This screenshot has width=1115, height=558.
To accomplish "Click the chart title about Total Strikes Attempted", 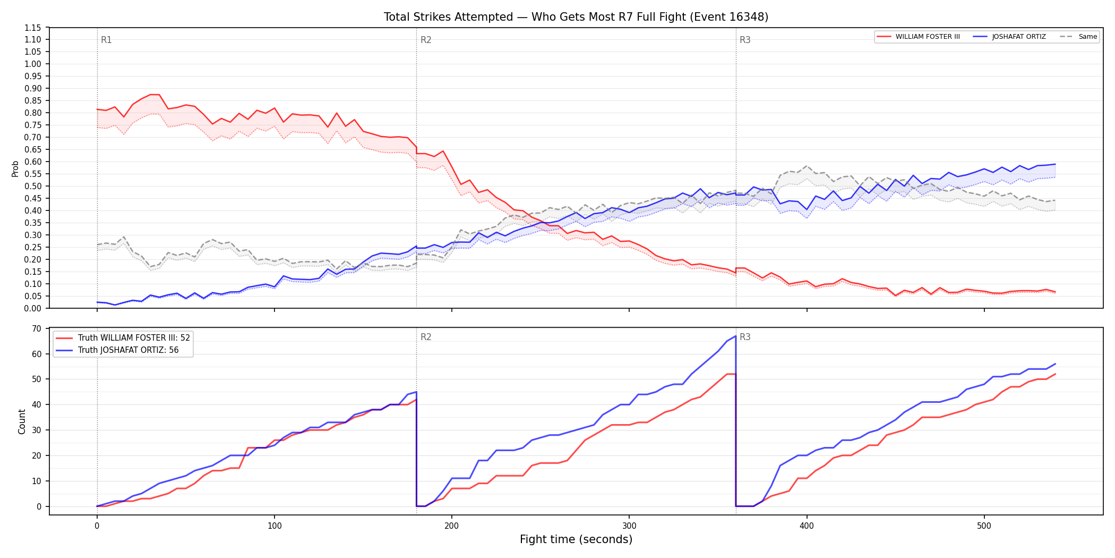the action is click(x=576, y=17).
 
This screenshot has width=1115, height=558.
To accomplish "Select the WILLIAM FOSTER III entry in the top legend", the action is click(x=918, y=37).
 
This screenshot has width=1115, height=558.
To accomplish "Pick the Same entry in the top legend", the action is click(x=1078, y=37).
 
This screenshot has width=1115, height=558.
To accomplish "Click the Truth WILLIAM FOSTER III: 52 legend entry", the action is click(x=123, y=338).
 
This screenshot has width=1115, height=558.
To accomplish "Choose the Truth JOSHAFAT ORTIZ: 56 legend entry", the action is click(x=117, y=350).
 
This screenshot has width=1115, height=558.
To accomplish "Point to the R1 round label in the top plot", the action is click(x=106, y=40).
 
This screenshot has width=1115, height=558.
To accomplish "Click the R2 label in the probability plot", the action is click(x=426, y=40).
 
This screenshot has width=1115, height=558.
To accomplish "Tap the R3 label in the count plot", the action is click(x=745, y=337).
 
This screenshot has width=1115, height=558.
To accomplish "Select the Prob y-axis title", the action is click(x=15, y=168).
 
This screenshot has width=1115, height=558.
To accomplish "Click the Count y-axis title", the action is click(x=22, y=421).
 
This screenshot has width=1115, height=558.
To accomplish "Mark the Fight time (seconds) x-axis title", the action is click(x=576, y=539).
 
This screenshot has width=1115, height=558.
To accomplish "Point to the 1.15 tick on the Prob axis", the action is click(x=32, y=28).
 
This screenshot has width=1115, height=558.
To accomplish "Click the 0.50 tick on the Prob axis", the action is click(x=32, y=186).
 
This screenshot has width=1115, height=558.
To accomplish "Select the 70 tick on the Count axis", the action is click(x=36, y=328).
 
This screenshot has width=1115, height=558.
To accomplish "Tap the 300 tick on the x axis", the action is click(x=629, y=526).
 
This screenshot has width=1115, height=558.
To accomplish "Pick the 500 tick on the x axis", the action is click(x=984, y=526).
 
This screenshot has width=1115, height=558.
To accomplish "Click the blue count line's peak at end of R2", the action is click(x=735, y=336).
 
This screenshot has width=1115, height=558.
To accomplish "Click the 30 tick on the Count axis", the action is click(x=36, y=430).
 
